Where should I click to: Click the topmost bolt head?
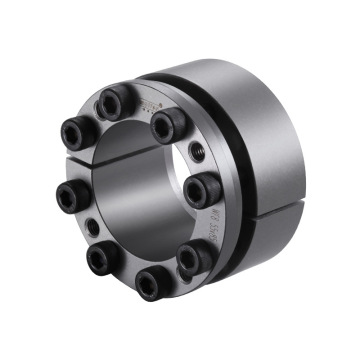click(111, 101)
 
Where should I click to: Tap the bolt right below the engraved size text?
click(194, 257)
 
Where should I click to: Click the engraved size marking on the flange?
click(211, 228)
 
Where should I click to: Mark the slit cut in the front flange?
click(62, 164)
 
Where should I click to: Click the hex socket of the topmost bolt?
click(110, 102)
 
